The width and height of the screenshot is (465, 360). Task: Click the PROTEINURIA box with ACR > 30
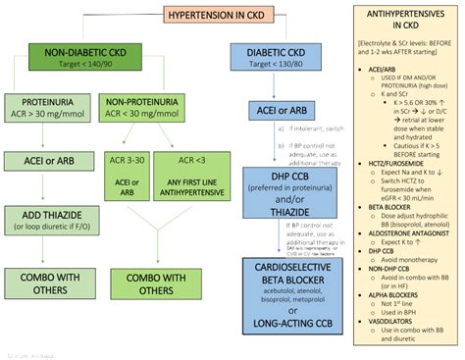click(49, 108)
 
